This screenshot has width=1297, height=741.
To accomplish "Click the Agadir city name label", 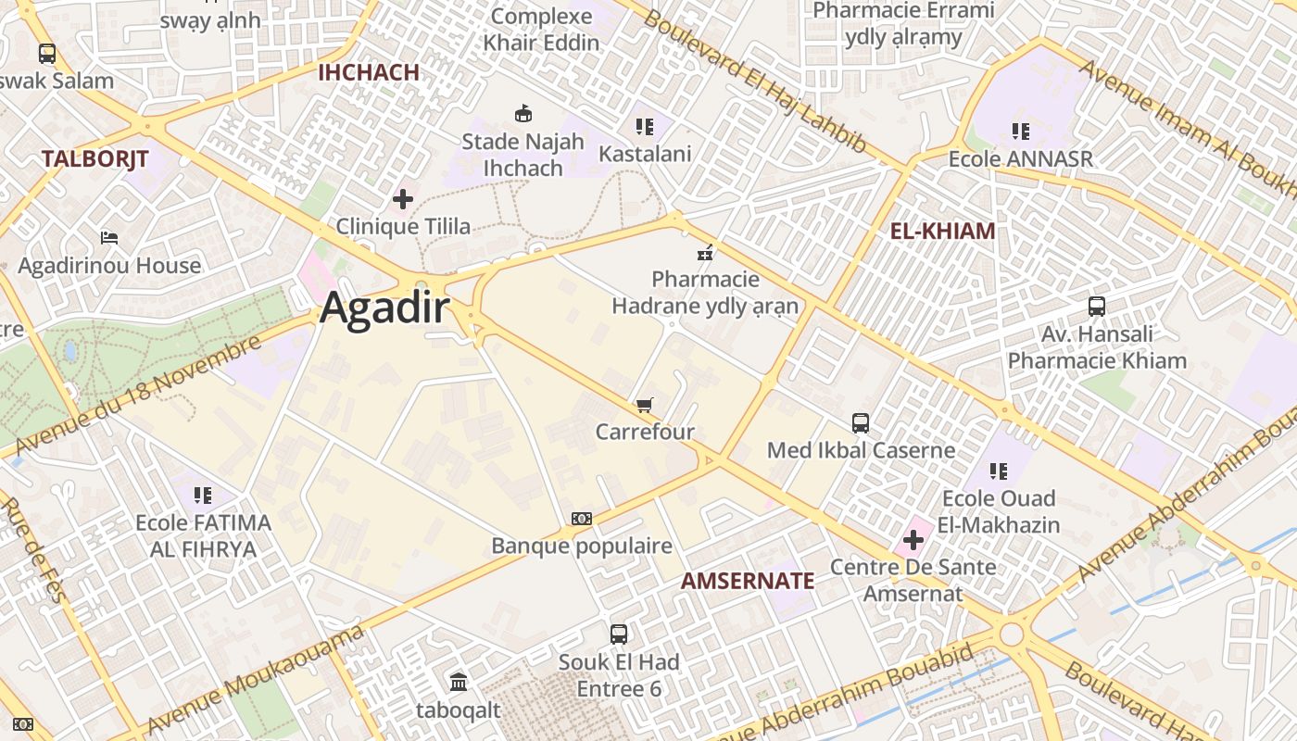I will [x=384, y=309].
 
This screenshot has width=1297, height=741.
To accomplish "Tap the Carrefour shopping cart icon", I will [x=645, y=405].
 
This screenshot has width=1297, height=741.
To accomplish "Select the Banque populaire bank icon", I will [x=581, y=519].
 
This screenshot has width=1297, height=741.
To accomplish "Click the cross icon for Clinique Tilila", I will [x=403, y=199].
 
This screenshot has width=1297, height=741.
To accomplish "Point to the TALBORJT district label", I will [x=94, y=159].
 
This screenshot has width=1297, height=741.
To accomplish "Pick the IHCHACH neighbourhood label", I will [x=369, y=72].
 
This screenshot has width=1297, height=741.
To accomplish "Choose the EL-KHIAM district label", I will [x=942, y=232].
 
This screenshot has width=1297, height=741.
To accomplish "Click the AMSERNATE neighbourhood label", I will [x=748, y=582].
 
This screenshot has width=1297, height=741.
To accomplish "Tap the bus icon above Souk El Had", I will [x=619, y=634].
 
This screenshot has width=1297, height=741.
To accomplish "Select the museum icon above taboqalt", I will [x=459, y=683].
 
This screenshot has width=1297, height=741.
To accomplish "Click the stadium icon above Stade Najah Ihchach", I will [x=523, y=114].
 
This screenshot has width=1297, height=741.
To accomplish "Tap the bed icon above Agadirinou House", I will [x=109, y=238].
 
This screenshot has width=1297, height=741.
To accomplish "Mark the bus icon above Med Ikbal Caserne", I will [x=861, y=423].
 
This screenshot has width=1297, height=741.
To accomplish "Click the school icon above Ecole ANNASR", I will [x=1021, y=132].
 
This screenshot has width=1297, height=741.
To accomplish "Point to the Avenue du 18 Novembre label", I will [x=139, y=396].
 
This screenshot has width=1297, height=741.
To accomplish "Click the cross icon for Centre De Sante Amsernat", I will [x=913, y=539].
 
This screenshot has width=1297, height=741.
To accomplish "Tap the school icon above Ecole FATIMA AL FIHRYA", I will [x=203, y=496].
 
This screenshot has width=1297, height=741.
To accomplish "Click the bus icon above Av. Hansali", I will [x=1097, y=307].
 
